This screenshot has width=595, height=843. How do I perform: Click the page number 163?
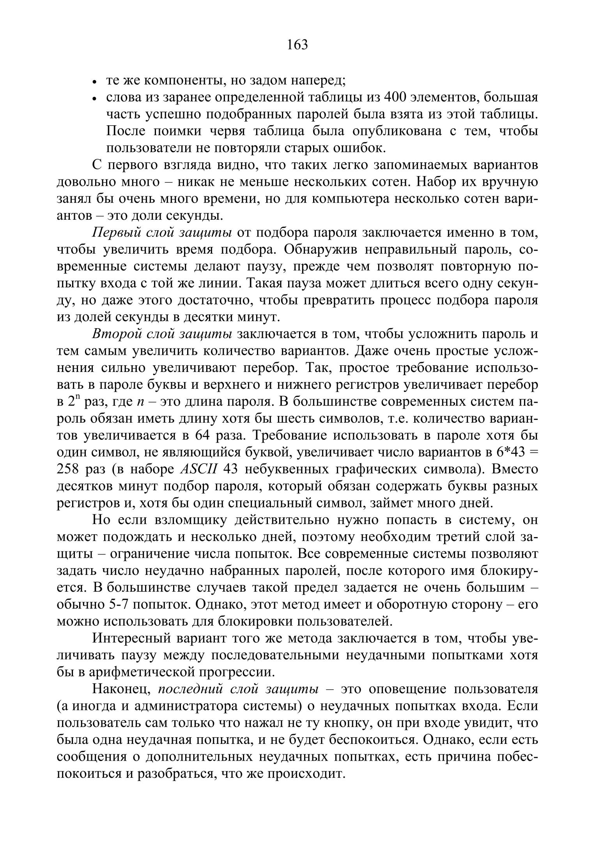297,45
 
